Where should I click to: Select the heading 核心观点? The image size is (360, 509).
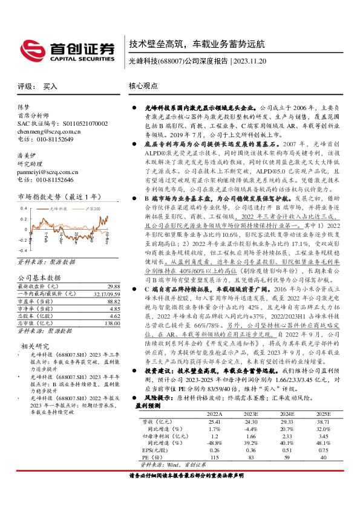[144, 86]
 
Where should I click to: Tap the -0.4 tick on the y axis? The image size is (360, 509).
[22, 250]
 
